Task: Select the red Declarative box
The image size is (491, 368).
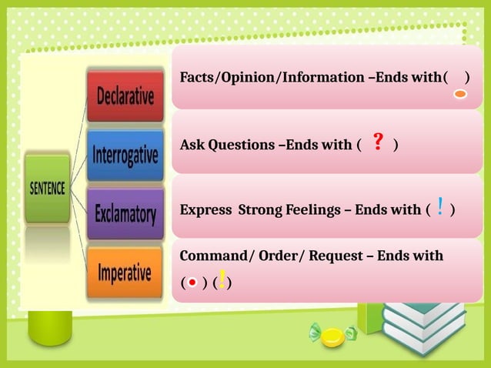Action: [125, 97]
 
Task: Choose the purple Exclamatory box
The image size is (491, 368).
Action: [125, 212]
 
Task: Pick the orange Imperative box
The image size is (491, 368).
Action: [125, 272]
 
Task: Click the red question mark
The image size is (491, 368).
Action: [378, 142]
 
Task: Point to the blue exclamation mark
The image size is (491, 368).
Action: [439, 206]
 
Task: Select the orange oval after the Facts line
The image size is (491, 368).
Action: [459, 94]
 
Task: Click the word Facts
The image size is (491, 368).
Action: [197, 78]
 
